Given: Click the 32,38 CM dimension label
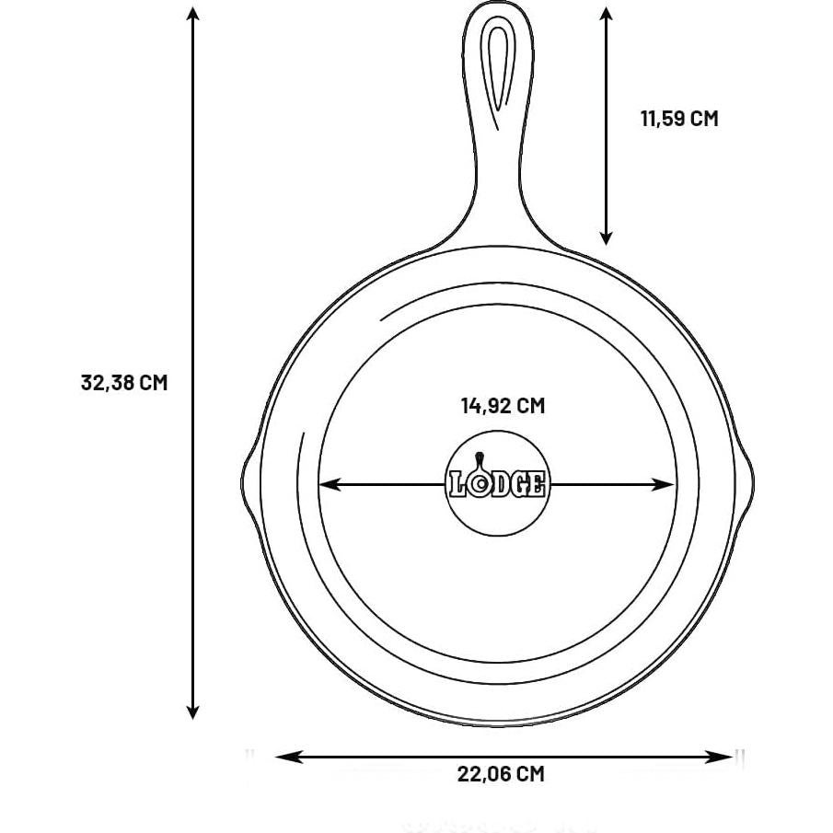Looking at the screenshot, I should pos(124,382).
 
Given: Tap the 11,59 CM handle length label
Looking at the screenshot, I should pos(678,119).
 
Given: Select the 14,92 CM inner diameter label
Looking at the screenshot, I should pos(502,405).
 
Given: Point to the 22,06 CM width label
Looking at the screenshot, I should pos(501,774).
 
